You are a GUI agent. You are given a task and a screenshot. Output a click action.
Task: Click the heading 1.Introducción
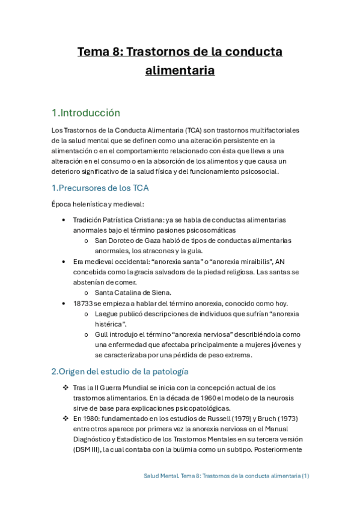85,113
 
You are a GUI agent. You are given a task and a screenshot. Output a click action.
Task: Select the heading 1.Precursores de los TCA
100,188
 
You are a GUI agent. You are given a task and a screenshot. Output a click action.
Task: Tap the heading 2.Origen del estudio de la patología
120,371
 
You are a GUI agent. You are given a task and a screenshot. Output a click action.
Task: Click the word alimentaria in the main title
180,70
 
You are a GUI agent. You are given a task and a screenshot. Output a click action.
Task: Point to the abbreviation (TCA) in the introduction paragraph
194,131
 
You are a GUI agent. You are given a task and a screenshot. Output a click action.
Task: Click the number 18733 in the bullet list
84,304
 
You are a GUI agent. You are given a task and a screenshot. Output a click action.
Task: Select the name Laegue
108,314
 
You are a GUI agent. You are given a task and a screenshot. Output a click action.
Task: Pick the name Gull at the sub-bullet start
102,334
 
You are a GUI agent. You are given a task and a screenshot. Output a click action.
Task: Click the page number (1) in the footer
306,476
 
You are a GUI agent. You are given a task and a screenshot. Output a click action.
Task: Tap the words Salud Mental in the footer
162,476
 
